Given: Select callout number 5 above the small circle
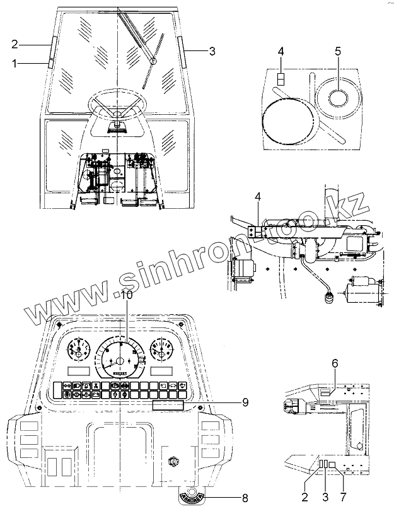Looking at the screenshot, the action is (x=338, y=51).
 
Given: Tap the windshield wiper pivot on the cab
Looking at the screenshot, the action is (x=152, y=61).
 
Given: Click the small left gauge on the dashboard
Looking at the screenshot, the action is (x=78, y=350).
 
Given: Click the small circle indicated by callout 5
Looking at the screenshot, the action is (x=338, y=98).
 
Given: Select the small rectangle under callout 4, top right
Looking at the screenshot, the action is (x=282, y=79).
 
